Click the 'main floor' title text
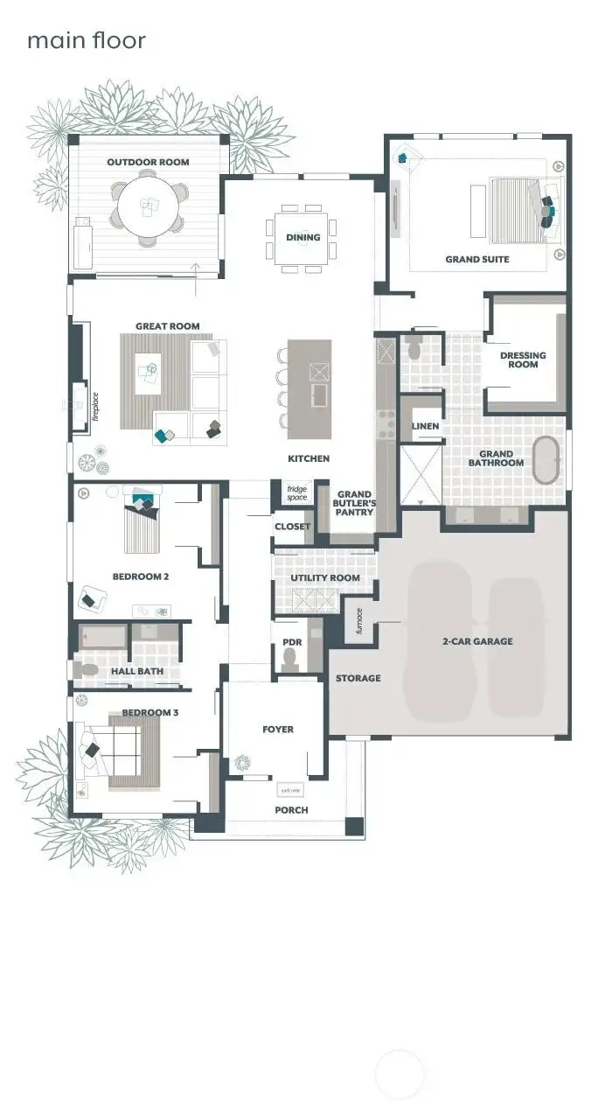coord(86,40)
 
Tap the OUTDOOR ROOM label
coord(148,162)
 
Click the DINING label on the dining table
coord(303,237)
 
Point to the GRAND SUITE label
coord(476,259)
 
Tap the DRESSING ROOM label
coord(523,360)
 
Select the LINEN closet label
coord(425,426)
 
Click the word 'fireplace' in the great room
coord(96,408)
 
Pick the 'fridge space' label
coord(296,493)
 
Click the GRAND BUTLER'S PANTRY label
coord(355,503)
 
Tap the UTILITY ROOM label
coord(325,578)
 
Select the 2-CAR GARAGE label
coord(477,641)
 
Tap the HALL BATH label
coord(136,671)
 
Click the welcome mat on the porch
coord(289,790)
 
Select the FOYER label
coord(278,729)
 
